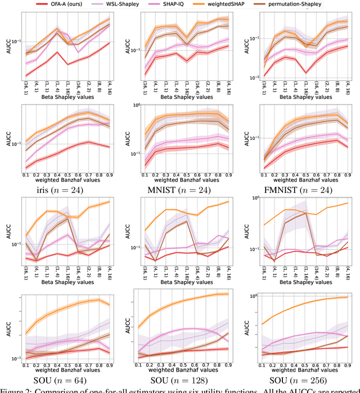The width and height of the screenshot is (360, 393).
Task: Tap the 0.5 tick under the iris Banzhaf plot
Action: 71,175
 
